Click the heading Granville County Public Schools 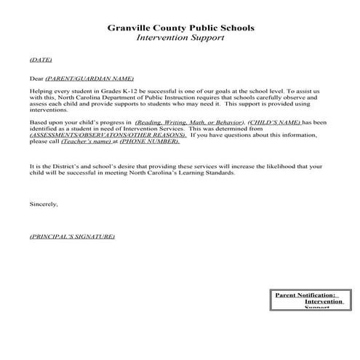180,30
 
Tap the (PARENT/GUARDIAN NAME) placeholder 89,76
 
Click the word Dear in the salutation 36,76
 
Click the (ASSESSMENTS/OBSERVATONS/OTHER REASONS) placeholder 97,135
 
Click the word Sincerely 44,204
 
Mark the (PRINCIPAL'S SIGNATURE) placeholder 72,237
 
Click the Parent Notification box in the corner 305,300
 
